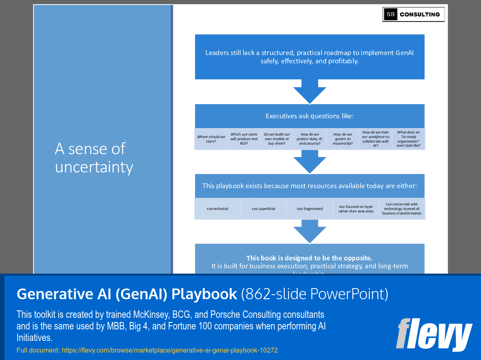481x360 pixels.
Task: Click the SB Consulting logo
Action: [x=414, y=14]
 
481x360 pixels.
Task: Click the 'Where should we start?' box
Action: [x=211, y=139]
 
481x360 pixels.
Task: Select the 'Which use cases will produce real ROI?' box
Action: [x=244, y=139]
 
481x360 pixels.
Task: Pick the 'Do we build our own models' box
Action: [x=277, y=139]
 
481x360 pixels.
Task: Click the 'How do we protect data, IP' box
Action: [x=310, y=139]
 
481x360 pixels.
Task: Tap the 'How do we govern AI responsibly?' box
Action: [x=343, y=139]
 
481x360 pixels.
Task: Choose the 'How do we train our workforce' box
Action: [x=375, y=139]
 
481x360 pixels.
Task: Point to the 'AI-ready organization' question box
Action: [x=408, y=139]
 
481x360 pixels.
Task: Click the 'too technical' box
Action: [x=217, y=209]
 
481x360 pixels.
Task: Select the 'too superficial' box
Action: [x=264, y=209]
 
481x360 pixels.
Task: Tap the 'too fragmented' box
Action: [x=310, y=209]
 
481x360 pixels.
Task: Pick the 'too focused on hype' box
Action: [x=356, y=209]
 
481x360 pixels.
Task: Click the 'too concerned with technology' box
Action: [x=402, y=209]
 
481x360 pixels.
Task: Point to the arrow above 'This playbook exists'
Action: [x=310, y=162]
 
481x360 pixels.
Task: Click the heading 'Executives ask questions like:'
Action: [x=310, y=116]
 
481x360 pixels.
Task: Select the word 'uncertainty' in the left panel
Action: [x=94, y=167]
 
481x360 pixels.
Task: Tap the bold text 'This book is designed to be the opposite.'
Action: [x=310, y=258]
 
